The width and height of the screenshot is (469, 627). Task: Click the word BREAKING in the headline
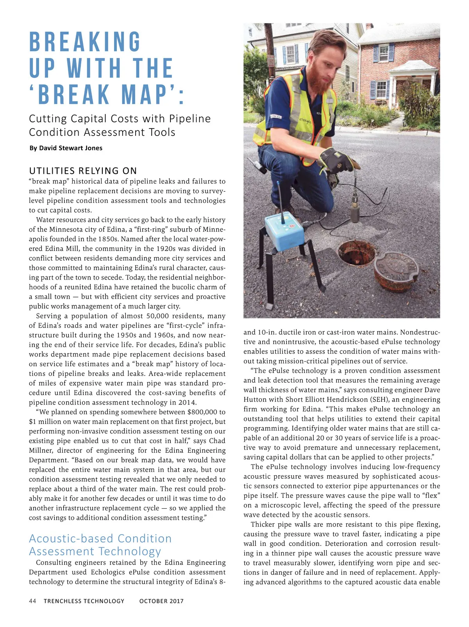[x=85, y=42]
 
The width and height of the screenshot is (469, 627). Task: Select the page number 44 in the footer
[x=32, y=601]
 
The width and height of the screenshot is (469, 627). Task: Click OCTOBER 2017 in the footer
[x=161, y=601]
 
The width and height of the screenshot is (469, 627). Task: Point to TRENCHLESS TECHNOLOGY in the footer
[x=84, y=601]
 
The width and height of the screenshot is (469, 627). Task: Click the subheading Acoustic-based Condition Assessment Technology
[x=100, y=545]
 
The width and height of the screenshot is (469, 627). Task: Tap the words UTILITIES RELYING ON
[x=83, y=171]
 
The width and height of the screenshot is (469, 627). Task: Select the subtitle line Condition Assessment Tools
[x=102, y=132]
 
